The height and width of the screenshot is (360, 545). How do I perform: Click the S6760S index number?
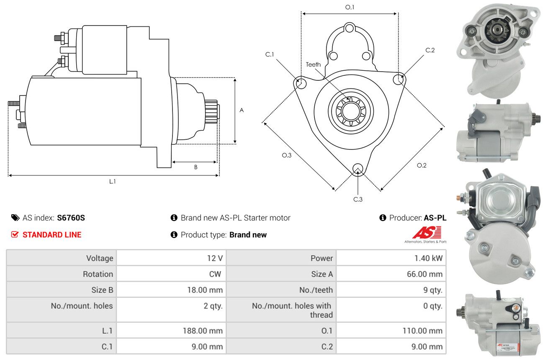(71, 218)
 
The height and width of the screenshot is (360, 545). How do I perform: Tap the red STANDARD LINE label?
(52, 235)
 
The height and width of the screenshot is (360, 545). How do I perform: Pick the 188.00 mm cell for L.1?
(203, 331)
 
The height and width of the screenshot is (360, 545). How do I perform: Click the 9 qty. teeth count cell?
(433, 290)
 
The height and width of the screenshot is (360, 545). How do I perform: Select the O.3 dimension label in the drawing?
(286, 155)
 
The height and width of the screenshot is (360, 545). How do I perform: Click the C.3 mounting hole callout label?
(358, 199)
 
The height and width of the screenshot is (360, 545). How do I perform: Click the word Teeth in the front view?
(313, 64)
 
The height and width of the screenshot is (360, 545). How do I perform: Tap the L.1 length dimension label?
(112, 182)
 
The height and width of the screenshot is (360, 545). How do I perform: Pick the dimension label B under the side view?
(195, 167)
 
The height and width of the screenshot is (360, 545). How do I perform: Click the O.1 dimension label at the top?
(350, 7)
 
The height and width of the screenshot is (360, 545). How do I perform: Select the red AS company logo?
(427, 233)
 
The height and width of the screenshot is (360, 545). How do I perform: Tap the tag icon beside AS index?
(15, 218)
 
